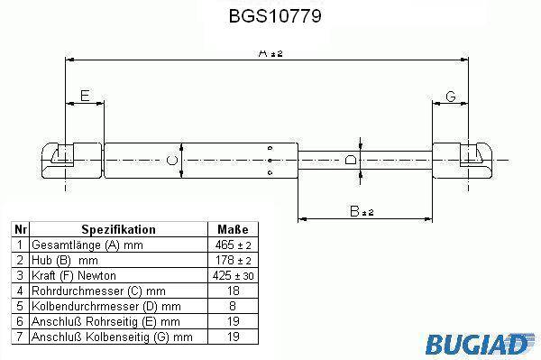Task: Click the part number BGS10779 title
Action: (x=275, y=16)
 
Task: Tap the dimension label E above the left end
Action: (x=85, y=96)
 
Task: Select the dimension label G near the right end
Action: (x=451, y=97)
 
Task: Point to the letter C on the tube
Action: (x=172, y=161)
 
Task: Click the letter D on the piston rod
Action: (x=351, y=160)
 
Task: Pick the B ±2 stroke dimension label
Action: (x=362, y=211)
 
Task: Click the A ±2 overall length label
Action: (x=270, y=53)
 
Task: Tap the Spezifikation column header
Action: (x=118, y=229)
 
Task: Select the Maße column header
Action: (x=233, y=229)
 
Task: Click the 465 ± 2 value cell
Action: (x=233, y=245)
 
